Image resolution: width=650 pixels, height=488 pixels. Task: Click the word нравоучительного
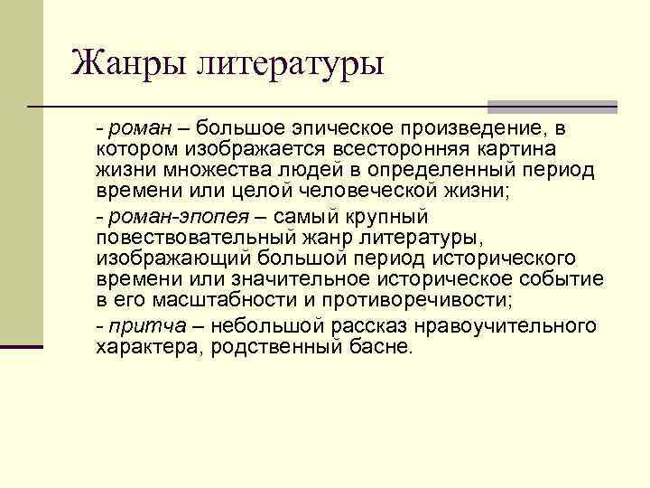pos(500,325)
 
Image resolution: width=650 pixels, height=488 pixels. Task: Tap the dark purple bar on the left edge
pos(22,346)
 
